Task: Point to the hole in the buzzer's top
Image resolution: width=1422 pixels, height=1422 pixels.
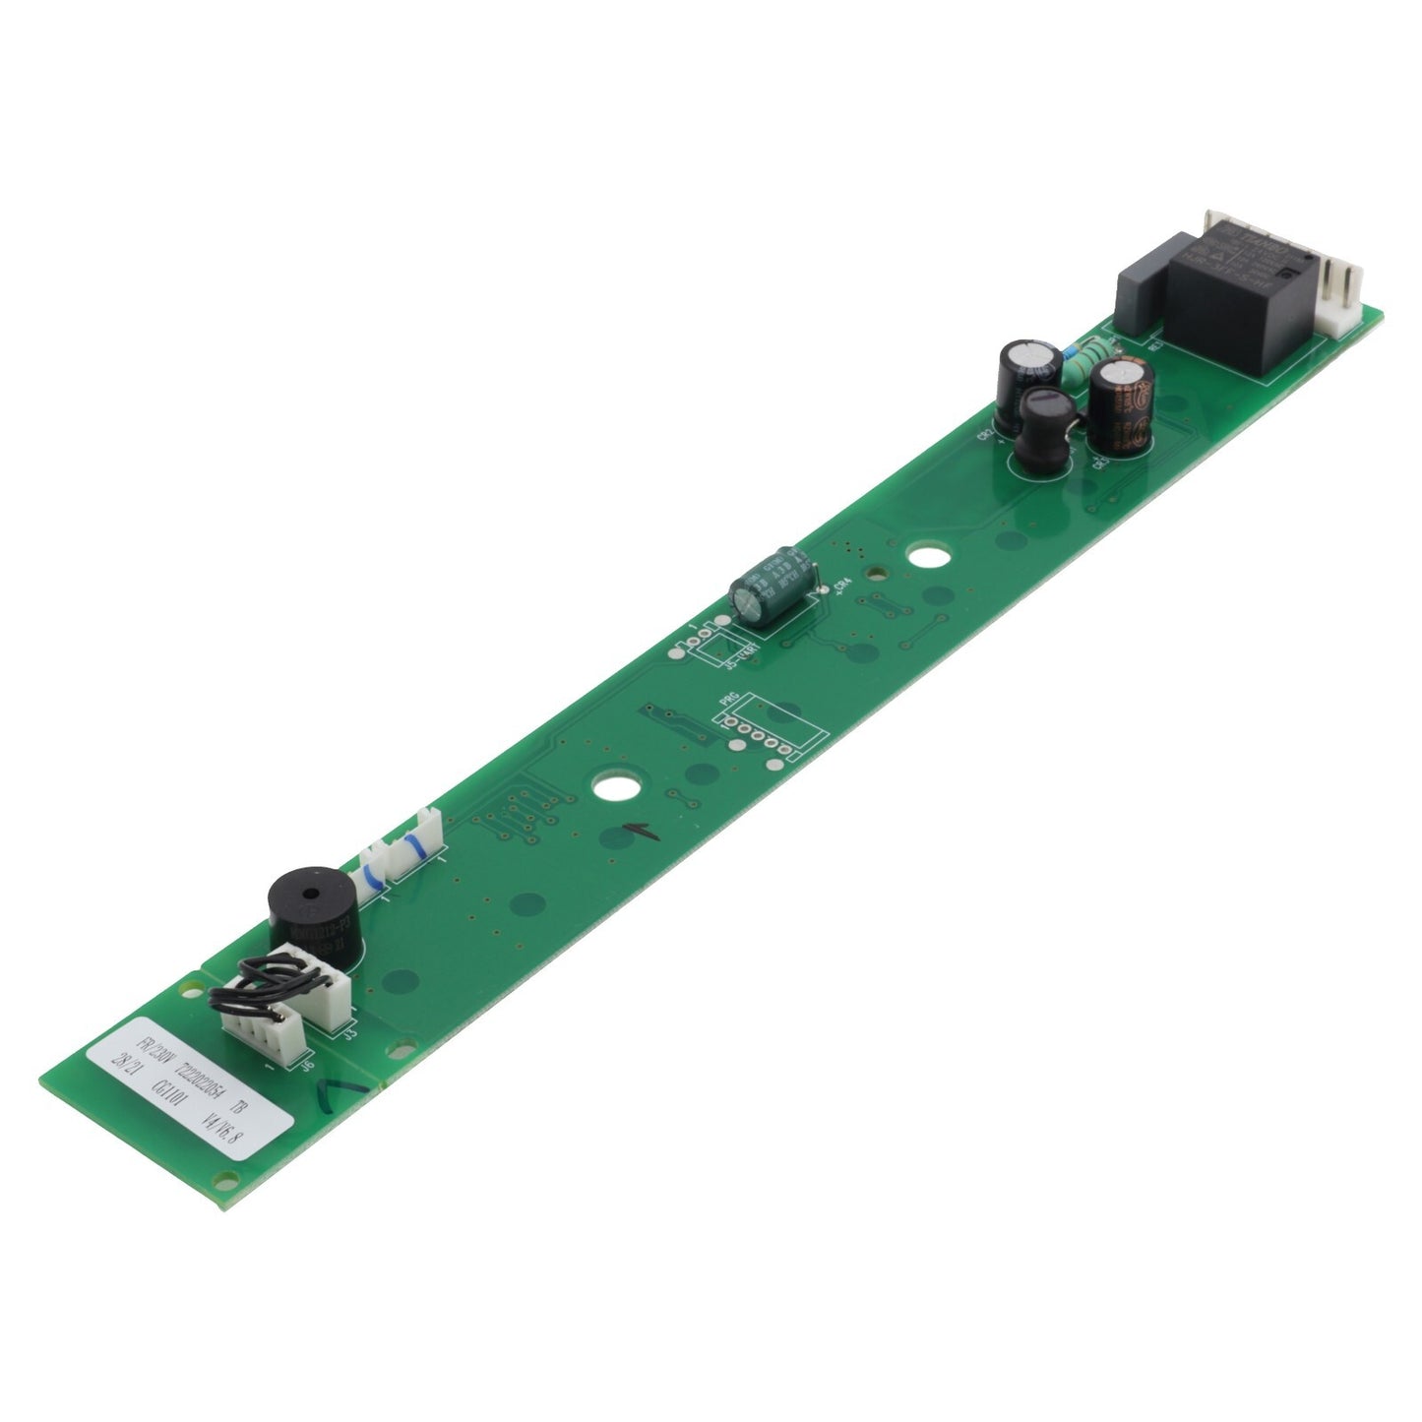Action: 311,894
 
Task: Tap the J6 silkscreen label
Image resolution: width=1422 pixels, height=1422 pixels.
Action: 308,1062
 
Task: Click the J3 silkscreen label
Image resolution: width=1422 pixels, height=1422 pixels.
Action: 349,1033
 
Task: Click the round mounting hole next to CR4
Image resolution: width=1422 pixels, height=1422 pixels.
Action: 922,557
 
